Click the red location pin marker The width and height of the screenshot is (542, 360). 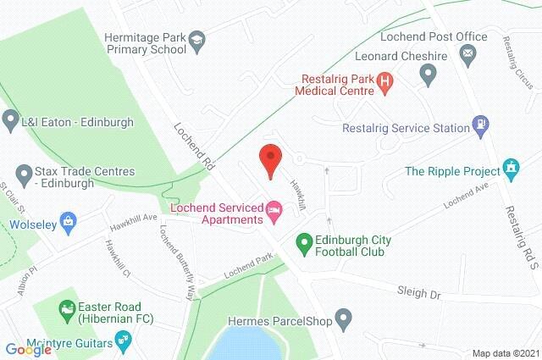(269, 159)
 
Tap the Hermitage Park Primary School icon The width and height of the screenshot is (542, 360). (196, 40)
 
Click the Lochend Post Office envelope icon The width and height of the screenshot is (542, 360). (467, 54)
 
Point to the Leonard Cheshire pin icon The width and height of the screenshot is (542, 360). (428, 75)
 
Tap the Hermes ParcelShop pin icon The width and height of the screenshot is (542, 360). (343, 320)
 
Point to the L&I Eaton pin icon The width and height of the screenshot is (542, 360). (10, 120)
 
